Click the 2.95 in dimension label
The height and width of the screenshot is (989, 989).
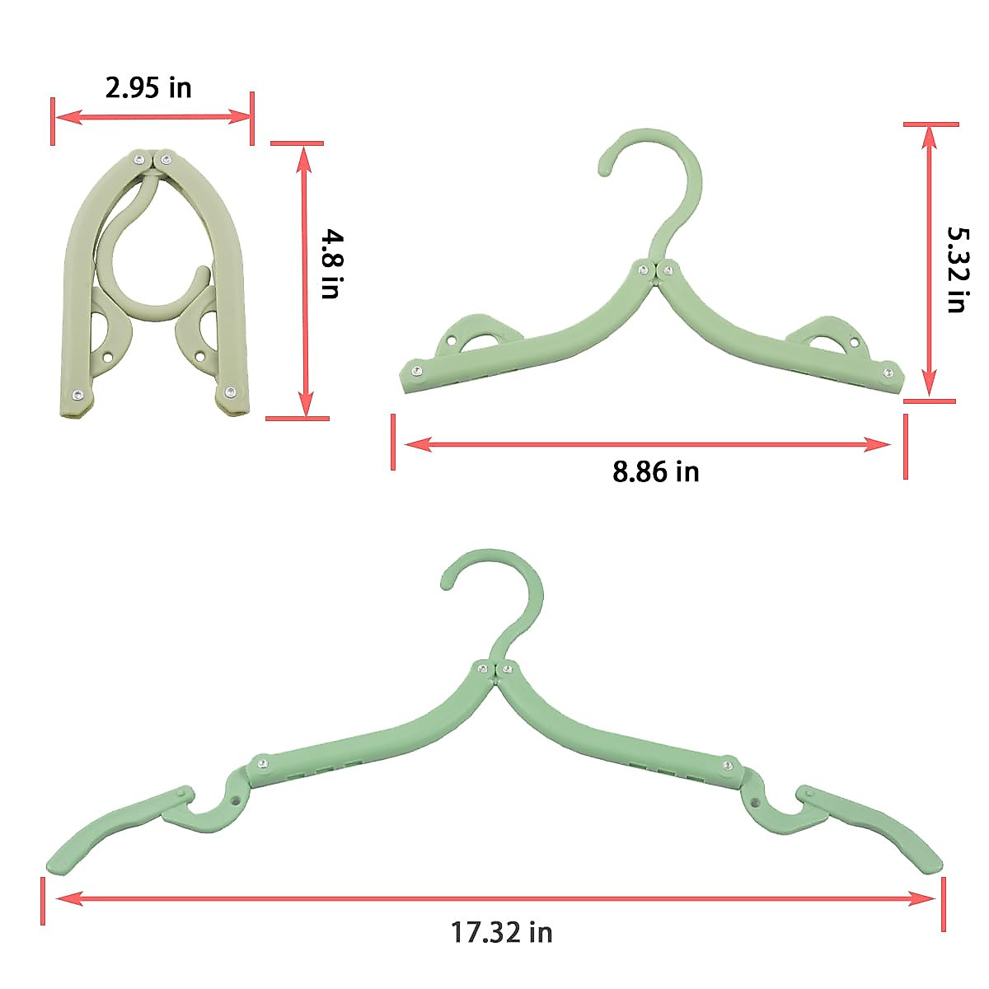148,87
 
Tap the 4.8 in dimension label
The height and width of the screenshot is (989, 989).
330,264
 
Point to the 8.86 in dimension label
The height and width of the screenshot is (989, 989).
655,471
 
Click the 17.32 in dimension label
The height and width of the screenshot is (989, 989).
501,932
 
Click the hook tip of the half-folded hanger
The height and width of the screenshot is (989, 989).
604,171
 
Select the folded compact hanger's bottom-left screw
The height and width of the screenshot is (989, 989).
77,396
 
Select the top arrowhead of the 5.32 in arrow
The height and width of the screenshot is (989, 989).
930,133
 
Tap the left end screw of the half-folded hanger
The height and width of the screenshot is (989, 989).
417,371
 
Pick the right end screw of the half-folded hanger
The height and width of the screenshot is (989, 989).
888,373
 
